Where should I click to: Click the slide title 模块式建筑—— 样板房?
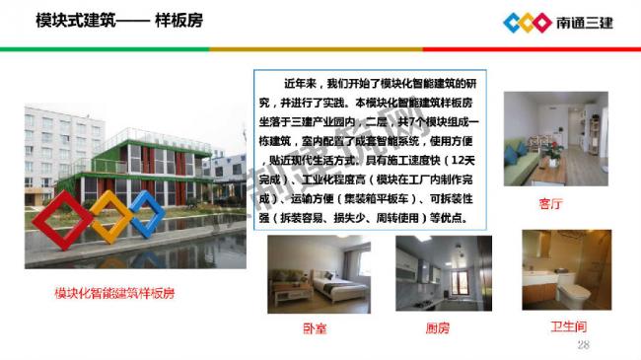pyautogui.click(x=117, y=20)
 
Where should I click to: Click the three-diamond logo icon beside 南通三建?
pyautogui.click(x=527, y=22)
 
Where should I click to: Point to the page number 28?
pyautogui.click(x=582, y=344)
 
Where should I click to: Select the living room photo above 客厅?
pyautogui.click(x=547, y=138)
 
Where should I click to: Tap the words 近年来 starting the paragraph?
pyautogui.click(x=304, y=83)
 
